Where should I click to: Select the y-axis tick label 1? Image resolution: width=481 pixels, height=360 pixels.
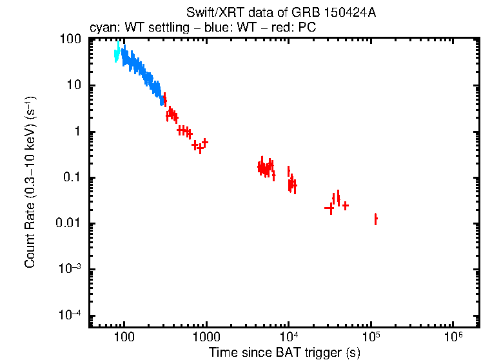pyautogui.click(x=77, y=132)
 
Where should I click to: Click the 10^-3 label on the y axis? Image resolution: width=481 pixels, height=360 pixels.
pyautogui.click(x=69, y=270)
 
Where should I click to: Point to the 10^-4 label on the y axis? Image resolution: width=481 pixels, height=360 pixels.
pyautogui.click(x=69, y=315)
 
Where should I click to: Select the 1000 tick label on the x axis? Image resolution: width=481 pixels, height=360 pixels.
pyautogui.click(x=206, y=337)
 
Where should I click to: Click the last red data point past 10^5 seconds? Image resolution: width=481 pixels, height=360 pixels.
pyautogui.click(x=375, y=219)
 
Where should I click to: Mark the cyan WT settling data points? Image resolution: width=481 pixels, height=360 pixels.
pyautogui.click(x=117, y=54)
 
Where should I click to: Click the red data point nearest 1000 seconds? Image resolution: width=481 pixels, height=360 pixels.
pyautogui.click(x=205, y=142)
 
